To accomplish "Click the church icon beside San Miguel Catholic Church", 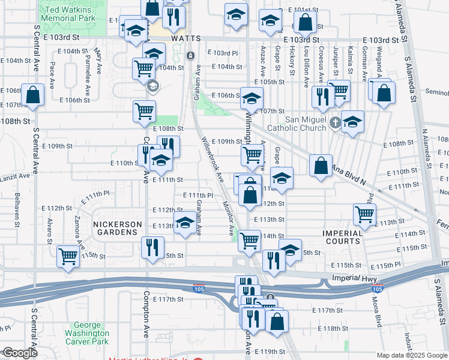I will click(335, 124).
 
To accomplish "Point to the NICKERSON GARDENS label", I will click(118, 224).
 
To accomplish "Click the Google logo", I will click(19, 353).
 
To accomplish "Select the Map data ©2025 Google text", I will click(412, 355).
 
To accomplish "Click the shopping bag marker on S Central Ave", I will click(32, 95).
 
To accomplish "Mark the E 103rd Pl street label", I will click(226, 53).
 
